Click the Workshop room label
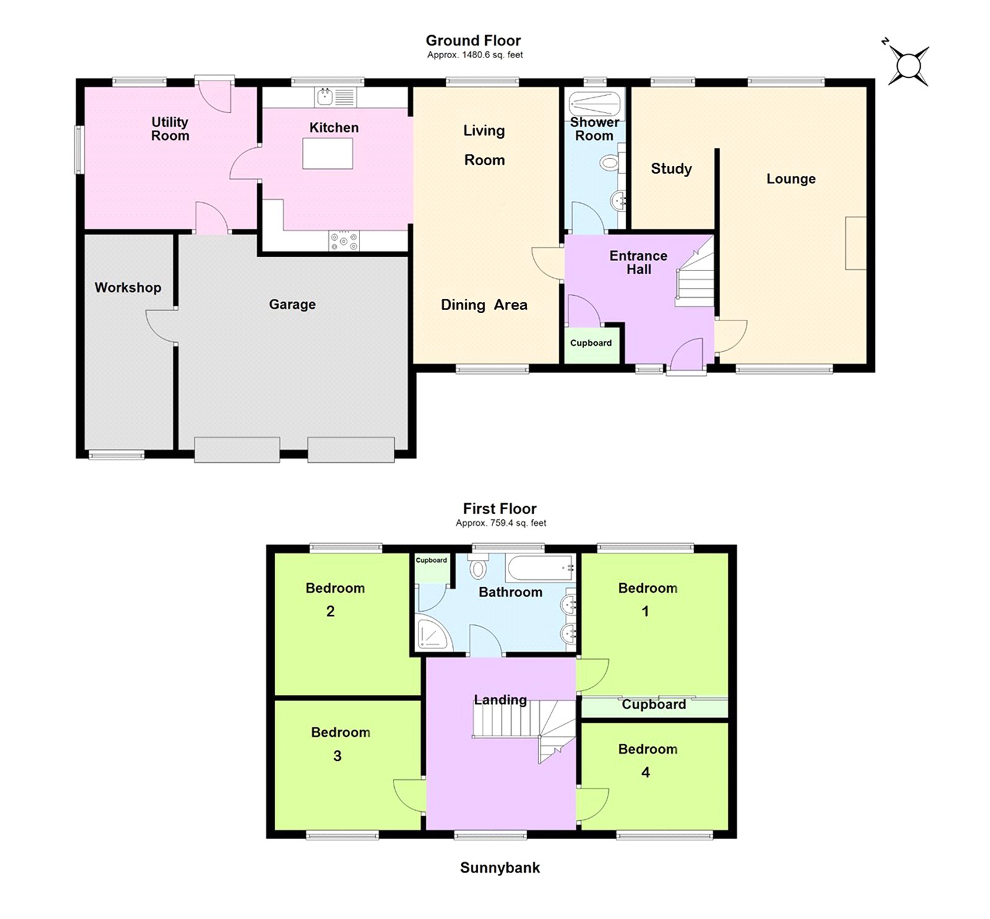tap(127, 287)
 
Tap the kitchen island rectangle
tap(327, 153)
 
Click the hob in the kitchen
tap(344, 240)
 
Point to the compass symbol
tap(908, 65)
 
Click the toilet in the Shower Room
tap(609, 163)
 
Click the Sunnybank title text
tap(499, 868)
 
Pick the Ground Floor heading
tap(473, 41)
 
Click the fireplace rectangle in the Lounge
tap(856, 243)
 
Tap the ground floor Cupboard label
tap(591, 343)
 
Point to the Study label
tap(671, 168)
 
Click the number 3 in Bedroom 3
tap(337, 756)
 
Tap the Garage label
tap(292, 304)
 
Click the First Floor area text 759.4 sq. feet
tap(501, 523)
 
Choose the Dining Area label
tap(484, 304)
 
